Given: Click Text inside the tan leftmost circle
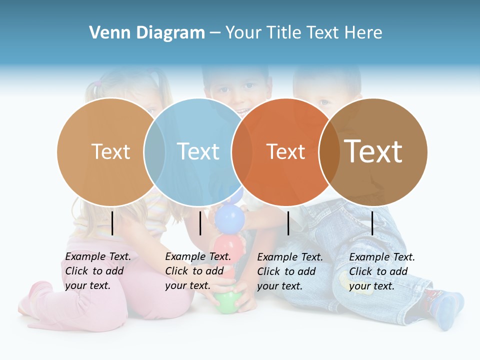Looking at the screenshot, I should click(x=110, y=151).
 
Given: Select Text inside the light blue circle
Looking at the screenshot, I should click(x=198, y=151).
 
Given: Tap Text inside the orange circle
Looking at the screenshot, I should click(x=285, y=151).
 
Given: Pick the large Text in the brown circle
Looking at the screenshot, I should click(x=373, y=151).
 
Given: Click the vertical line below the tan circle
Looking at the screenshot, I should click(x=112, y=223).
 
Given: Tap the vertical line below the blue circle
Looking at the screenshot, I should click(x=200, y=223).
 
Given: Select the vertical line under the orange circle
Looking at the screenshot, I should click(x=288, y=223).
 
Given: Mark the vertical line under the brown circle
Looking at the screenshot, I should click(x=372, y=223).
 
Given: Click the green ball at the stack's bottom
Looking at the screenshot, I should click(x=228, y=302).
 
